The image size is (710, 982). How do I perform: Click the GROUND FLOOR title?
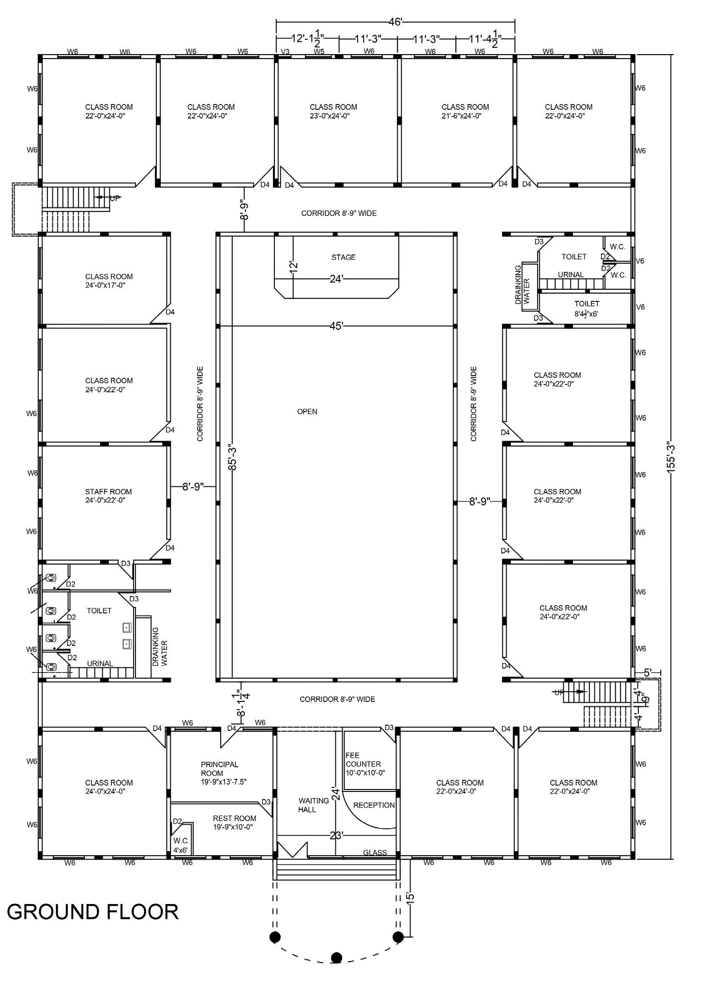tap(92, 912)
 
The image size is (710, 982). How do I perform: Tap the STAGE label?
tap(344, 257)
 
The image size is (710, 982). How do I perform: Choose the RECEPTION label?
tap(374, 805)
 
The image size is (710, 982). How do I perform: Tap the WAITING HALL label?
tap(314, 805)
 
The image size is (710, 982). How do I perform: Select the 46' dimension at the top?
tap(395, 22)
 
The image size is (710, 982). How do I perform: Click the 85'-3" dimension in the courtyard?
tap(233, 457)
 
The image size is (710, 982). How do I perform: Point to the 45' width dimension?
tap(336, 326)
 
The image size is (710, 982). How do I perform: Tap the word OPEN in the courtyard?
tap(307, 412)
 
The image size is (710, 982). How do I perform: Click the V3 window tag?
tap(286, 51)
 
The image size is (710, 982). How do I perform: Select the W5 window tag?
tap(319, 51)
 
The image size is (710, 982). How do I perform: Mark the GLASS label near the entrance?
tap(375, 852)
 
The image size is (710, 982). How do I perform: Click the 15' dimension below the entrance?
tap(410, 898)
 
